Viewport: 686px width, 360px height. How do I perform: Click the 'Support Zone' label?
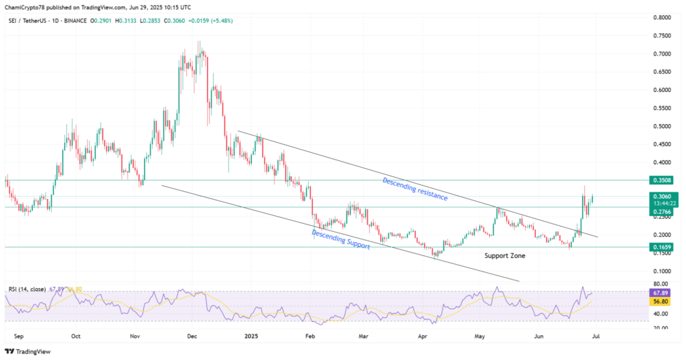[504, 256]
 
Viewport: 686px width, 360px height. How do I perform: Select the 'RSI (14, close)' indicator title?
[27, 289]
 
